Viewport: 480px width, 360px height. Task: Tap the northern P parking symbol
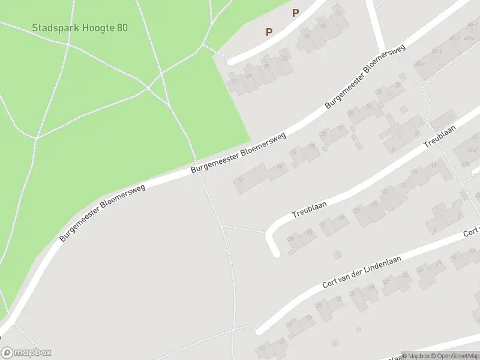point(295,13)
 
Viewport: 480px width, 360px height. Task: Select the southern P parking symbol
point(269,32)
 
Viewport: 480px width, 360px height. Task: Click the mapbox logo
point(26,353)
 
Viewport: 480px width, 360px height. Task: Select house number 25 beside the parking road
point(266,65)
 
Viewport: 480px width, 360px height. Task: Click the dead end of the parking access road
point(231,61)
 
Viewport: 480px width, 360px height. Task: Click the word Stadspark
point(51,28)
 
